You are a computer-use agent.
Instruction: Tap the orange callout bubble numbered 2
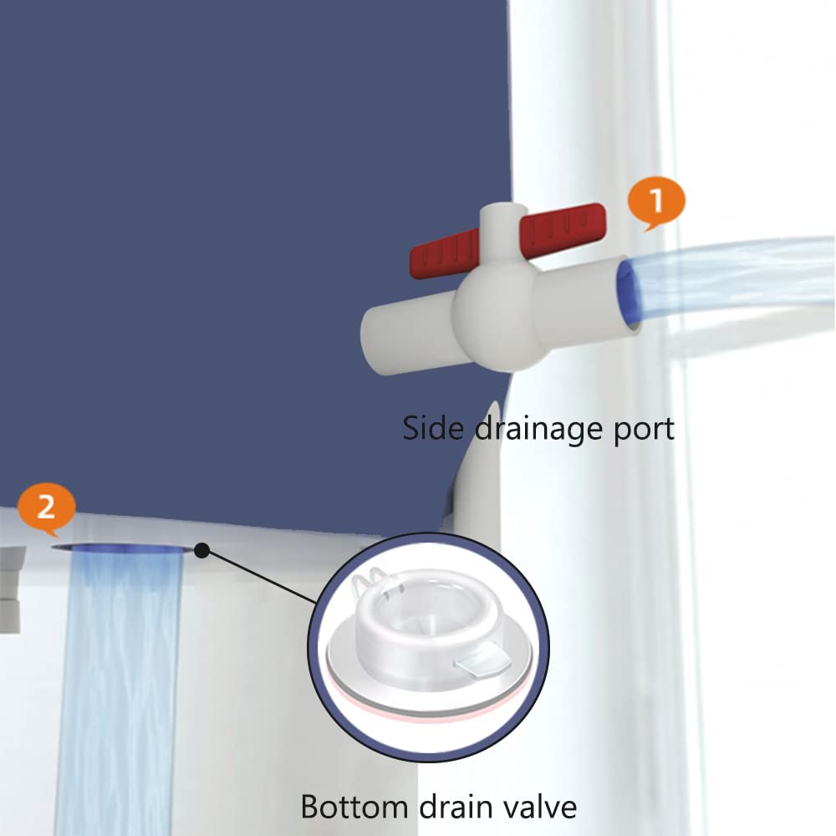click(x=46, y=508)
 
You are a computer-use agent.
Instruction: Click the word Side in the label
click(x=433, y=427)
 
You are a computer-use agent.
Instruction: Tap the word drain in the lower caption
click(x=456, y=806)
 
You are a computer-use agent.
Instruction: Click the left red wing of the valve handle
click(x=444, y=252)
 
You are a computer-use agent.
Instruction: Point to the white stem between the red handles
click(x=501, y=231)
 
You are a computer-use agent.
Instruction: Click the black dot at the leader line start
click(x=201, y=550)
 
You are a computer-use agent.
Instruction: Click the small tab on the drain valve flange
click(x=482, y=658)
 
